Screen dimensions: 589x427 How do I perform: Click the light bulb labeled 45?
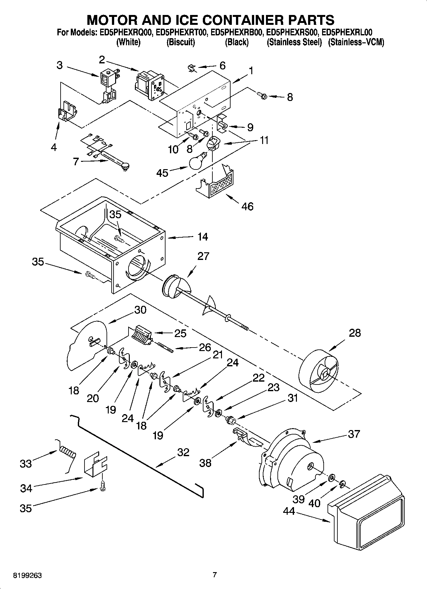point(197,162)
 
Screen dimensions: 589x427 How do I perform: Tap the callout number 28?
point(355,333)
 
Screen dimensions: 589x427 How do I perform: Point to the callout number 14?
point(202,237)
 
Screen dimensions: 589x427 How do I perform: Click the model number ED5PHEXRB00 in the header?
point(236,32)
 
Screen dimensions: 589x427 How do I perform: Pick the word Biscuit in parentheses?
point(180,42)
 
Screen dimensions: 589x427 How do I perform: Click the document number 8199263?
point(27,576)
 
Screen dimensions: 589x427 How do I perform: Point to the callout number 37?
point(354,434)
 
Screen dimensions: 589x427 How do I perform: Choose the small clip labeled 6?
point(192,68)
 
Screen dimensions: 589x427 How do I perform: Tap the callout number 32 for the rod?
point(183,452)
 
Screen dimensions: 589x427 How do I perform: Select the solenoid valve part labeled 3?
point(108,84)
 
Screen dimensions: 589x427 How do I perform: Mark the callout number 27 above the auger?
point(203,256)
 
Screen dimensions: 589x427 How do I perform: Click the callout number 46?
point(247,206)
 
